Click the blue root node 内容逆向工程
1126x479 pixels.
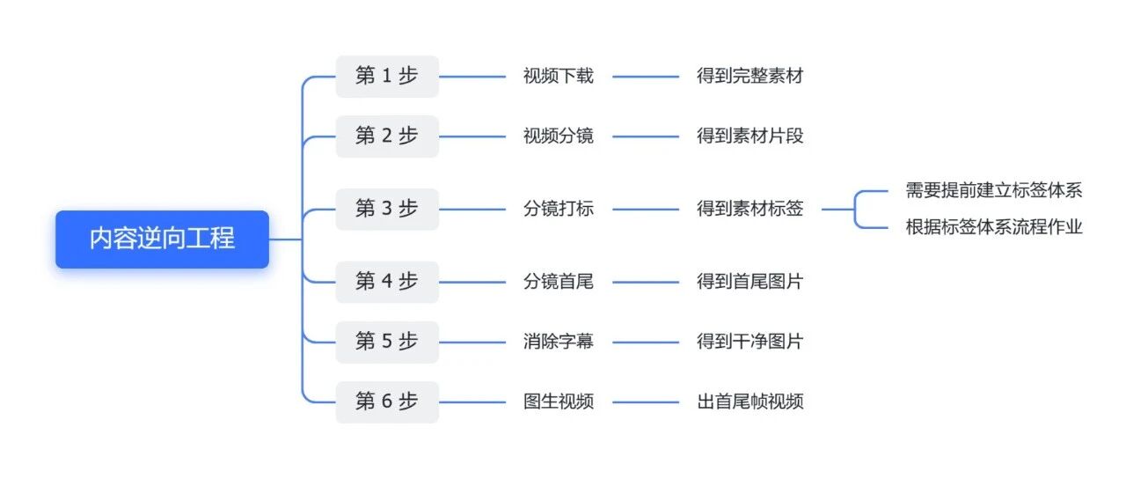pyautogui.click(x=162, y=239)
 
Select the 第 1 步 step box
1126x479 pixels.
pyautogui.click(x=387, y=77)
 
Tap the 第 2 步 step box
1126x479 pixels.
pyautogui.click(x=387, y=136)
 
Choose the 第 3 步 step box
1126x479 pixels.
pyautogui.click(x=387, y=210)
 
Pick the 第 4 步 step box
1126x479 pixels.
pyautogui.click(x=387, y=282)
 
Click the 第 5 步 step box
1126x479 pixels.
pyautogui.click(x=387, y=343)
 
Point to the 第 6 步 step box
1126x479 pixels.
pyautogui.click(x=387, y=402)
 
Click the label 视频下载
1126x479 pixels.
pyautogui.click(x=558, y=76)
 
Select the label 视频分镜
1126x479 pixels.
pyautogui.click(x=558, y=136)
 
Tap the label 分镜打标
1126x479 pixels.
pyautogui.click(x=558, y=209)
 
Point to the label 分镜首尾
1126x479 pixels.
pyautogui.click(x=558, y=281)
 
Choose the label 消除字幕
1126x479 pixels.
pyautogui.click(x=558, y=342)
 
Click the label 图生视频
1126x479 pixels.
pyautogui.click(x=558, y=402)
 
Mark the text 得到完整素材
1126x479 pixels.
pyautogui.click(x=749, y=76)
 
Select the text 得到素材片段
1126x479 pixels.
pyautogui.click(x=749, y=136)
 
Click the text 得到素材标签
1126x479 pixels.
pyautogui.click(x=749, y=209)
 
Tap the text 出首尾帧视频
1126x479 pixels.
pyautogui.click(x=749, y=402)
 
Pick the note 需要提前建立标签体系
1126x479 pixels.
pyautogui.click(x=994, y=190)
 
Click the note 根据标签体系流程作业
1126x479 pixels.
pyautogui.click(x=994, y=227)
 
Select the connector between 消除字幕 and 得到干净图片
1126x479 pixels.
pyautogui.click(x=646, y=343)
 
